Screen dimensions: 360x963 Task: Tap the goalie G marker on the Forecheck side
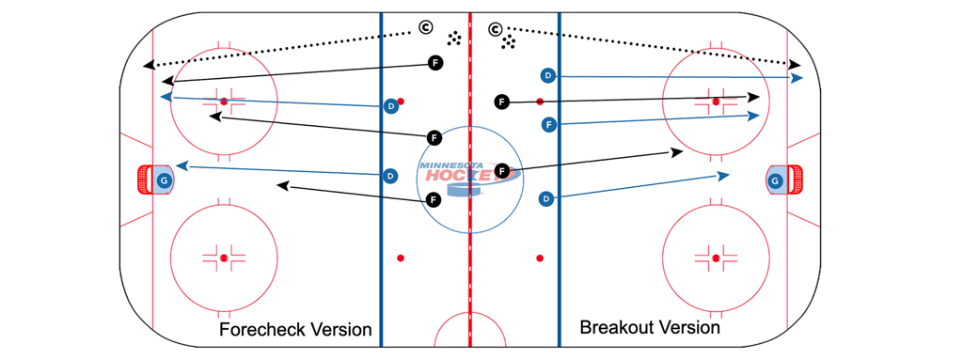coord(165,180)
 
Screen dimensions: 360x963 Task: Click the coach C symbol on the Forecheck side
coord(425,30)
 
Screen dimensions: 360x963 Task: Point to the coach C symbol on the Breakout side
coord(495,30)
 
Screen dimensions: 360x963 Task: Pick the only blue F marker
coord(548,123)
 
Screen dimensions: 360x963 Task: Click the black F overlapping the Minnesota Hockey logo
coord(502,171)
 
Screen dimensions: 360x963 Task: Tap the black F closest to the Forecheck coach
coord(434,63)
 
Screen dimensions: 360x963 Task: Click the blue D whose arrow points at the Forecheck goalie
coord(388,175)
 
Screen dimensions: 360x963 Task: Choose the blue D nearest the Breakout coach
coord(548,75)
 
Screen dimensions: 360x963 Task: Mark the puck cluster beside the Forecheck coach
coord(454,38)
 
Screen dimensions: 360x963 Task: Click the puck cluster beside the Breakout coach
coord(509,41)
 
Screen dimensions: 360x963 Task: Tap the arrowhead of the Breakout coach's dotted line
coord(794,63)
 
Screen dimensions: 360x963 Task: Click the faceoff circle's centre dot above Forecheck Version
coord(224,257)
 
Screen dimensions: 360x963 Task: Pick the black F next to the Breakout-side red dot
coord(501,102)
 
